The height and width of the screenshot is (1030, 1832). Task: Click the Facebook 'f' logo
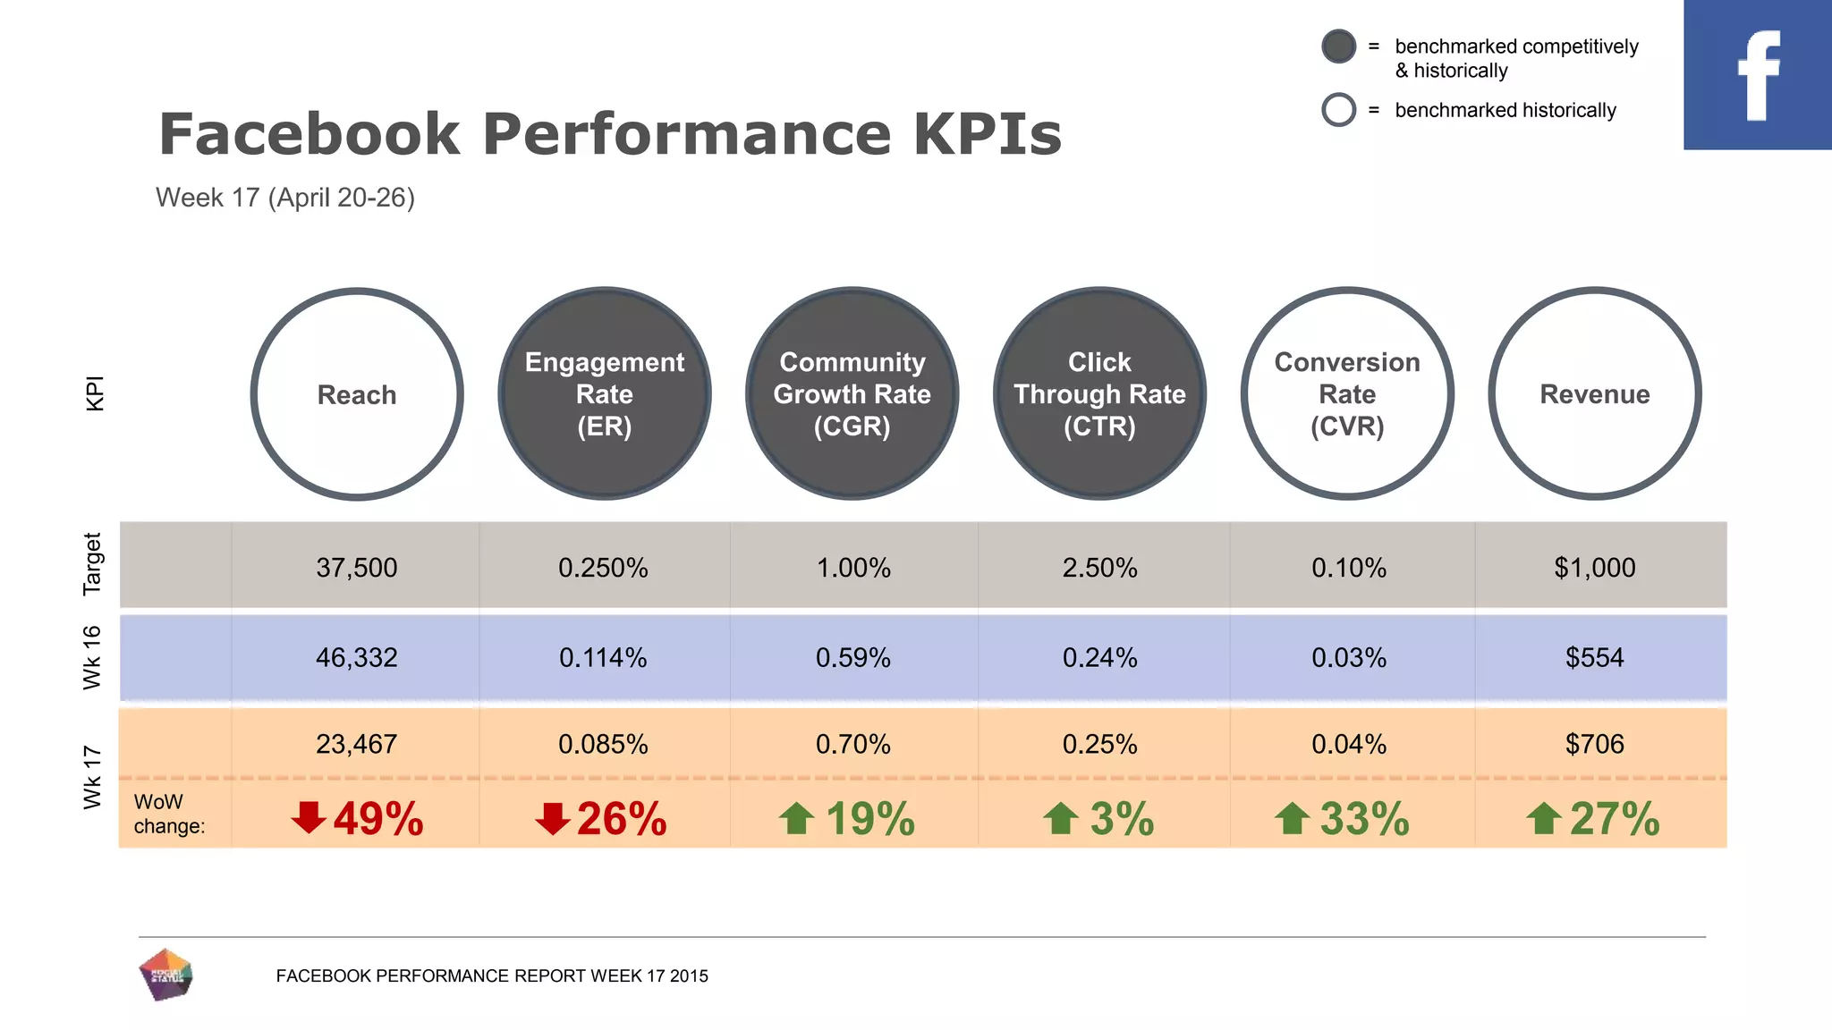[x=1757, y=75]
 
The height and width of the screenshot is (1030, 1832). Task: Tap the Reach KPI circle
[x=357, y=394]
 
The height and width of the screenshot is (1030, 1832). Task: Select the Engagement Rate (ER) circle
[x=605, y=394]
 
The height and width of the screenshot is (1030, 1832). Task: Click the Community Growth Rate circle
[x=852, y=394]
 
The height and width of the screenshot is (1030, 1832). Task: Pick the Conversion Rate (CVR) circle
[x=1347, y=394]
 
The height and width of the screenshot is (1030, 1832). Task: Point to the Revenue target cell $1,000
[x=1594, y=568]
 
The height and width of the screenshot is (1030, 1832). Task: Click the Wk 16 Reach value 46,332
[x=356, y=658]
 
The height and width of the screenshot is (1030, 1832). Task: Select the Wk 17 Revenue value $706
[x=1594, y=744]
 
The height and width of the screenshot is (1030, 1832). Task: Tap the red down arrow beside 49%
[x=309, y=817]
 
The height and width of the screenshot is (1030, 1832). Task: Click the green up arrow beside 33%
[x=1292, y=818]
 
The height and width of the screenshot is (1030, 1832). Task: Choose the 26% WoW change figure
[x=621, y=819]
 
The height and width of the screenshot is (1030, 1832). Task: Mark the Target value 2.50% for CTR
[x=1099, y=568]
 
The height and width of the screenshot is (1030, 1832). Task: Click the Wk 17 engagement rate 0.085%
[x=603, y=744]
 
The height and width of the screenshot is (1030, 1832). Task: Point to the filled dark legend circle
[x=1338, y=46]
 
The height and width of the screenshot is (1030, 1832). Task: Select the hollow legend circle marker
[x=1338, y=110]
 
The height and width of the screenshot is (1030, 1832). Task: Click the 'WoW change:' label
[x=169, y=814]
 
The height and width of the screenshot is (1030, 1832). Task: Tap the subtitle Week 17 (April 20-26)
[x=285, y=198]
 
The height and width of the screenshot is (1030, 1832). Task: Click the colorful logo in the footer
[x=166, y=975]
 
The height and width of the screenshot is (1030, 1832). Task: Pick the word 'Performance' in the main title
[x=687, y=134]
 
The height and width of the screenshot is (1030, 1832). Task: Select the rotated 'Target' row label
[x=93, y=564]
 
